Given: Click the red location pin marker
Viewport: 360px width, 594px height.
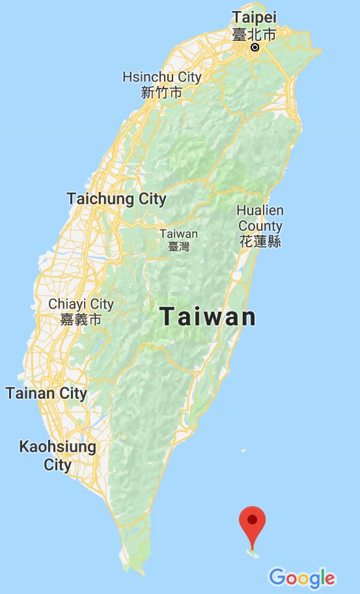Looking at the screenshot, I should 253,524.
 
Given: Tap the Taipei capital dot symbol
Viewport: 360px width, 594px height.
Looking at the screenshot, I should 255,47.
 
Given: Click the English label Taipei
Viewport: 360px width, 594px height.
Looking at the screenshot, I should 254,17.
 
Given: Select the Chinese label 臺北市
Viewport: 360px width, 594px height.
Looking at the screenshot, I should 255,33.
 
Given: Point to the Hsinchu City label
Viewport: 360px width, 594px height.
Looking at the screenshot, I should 162,77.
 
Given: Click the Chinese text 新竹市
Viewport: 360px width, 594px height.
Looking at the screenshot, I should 161,92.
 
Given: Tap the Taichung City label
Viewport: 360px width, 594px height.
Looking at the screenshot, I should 117,198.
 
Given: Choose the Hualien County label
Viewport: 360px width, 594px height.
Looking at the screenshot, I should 260,219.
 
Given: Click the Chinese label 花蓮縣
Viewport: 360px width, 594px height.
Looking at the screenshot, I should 260,241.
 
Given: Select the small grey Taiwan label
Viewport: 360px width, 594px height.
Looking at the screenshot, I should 178,234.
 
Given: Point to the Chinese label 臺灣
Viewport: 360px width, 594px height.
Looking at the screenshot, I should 178,247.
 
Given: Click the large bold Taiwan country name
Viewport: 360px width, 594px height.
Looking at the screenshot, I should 208,317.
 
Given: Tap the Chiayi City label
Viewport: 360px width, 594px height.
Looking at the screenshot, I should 81,304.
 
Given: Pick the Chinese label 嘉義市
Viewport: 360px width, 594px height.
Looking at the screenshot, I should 81,319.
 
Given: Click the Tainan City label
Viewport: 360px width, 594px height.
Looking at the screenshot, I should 46,393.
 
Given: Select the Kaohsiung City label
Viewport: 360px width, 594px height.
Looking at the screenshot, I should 57,455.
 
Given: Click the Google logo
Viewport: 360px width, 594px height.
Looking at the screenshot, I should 302,577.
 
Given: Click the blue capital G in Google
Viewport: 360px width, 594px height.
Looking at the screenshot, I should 277,576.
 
